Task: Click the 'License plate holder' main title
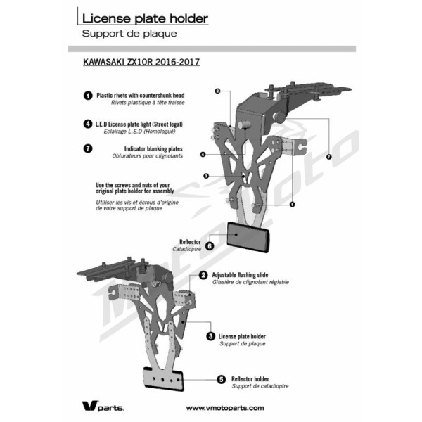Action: pyautogui.click(x=145, y=18)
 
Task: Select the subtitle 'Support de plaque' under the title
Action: pyautogui.click(x=129, y=34)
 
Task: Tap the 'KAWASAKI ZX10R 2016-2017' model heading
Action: pyautogui.click(x=141, y=62)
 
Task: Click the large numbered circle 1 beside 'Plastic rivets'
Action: pyautogui.click(x=88, y=96)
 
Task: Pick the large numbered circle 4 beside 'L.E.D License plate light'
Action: pyautogui.click(x=88, y=124)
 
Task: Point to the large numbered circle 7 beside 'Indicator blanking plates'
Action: pyautogui.click(x=88, y=148)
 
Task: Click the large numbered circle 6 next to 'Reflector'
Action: pyautogui.click(x=210, y=245)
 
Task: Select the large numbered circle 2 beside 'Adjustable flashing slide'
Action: pyautogui.click(x=203, y=275)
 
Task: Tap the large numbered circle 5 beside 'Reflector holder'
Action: pyautogui.click(x=222, y=380)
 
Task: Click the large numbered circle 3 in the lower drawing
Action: pyautogui.click(x=211, y=336)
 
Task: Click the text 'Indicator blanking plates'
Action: pyautogui.click(x=153, y=149)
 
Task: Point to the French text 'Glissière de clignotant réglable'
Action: pyautogui.click(x=250, y=282)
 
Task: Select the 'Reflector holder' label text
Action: pyautogui.click(x=250, y=379)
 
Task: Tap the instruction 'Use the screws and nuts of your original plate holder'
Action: pyautogui.click(x=135, y=188)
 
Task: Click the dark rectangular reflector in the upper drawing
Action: pyautogui.click(x=248, y=237)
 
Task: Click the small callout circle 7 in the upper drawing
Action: pyautogui.click(x=329, y=157)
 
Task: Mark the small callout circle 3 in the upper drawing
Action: pyautogui.click(x=206, y=176)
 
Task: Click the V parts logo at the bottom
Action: pyautogui.click(x=103, y=407)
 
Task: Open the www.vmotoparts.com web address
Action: pyautogui.click(x=225, y=408)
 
